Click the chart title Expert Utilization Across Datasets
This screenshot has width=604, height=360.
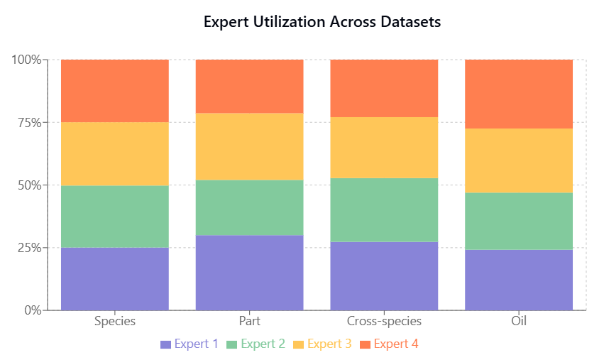point(322,22)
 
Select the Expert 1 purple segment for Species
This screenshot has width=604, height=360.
point(115,278)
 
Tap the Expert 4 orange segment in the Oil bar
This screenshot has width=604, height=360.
point(519,94)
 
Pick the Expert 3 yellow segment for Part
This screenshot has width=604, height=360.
point(249,146)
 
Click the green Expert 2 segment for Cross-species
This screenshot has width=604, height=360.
point(384,209)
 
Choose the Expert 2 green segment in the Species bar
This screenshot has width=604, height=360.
point(115,217)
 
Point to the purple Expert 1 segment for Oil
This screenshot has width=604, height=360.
point(519,280)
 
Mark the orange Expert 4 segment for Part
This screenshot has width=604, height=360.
point(249,86)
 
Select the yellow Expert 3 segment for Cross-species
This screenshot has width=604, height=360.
point(384,147)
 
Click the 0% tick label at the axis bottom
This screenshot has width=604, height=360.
point(31,310)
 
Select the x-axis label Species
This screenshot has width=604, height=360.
point(115,321)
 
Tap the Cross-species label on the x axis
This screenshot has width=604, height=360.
point(384,321)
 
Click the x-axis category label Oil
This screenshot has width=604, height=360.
point(519,321)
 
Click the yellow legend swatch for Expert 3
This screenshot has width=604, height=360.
point(298,344)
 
